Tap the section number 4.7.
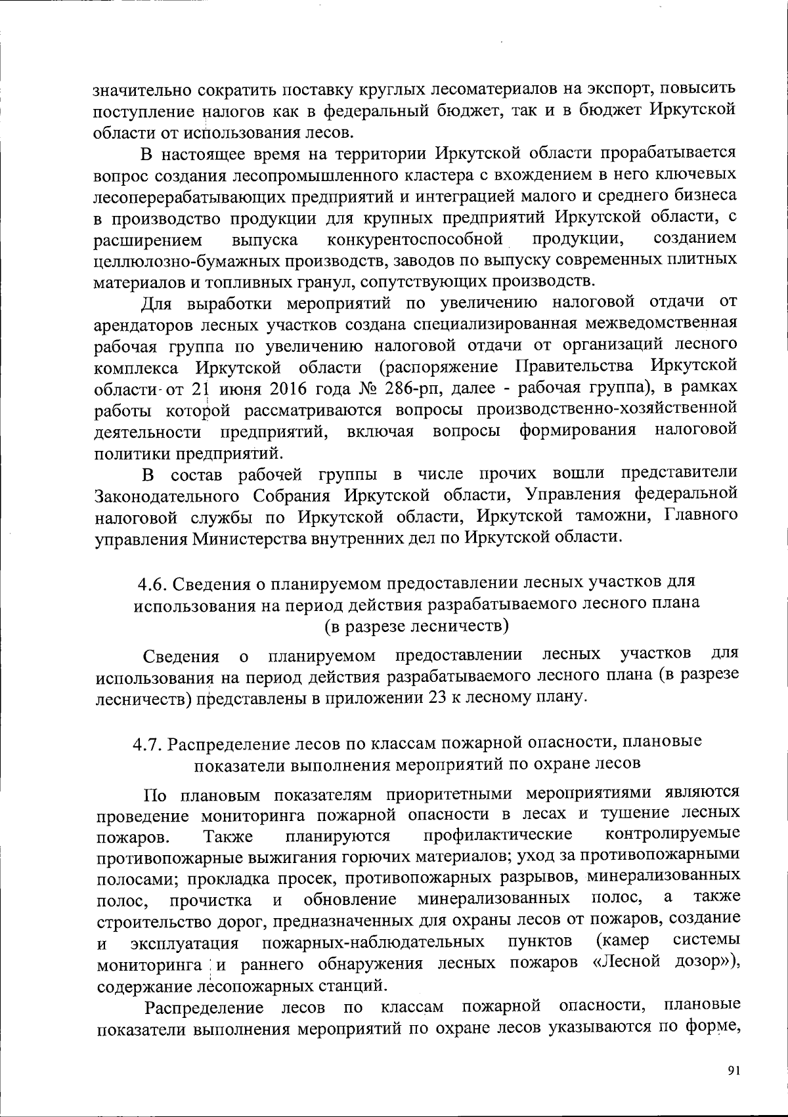point(148,742)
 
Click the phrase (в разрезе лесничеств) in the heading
point(417,626)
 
